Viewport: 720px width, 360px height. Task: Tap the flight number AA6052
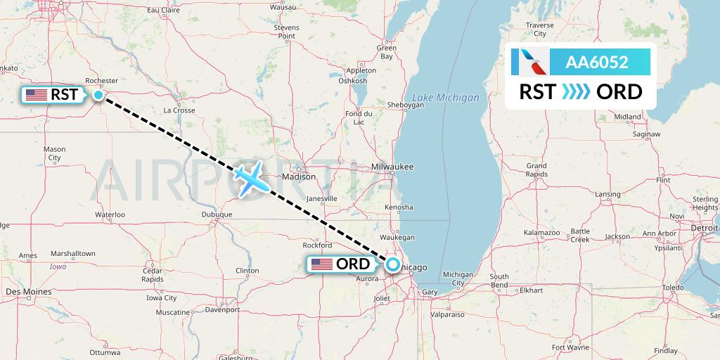pyautogui.click(x=597, y=63)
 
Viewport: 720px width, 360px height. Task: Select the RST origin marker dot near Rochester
pyautogui.click(x=99, y=95)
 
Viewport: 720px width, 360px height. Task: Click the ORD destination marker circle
pyautogui.click(x=392, y=264)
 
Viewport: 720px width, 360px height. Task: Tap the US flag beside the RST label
pyautogui.click(x=36, y=95)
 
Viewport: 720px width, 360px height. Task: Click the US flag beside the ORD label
pyautogui.click(x=322, y=264)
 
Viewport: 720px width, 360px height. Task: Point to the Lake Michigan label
pyautogui.click(x=446, y=98)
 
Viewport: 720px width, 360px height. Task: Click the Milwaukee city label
pyautogui.click(x=393, y=167)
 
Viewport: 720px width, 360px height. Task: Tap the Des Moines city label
pyautogui.click(x=28, y=291)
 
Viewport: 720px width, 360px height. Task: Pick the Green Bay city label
pyautogui.click(x=387, y=53)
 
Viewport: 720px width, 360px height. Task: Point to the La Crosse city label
pyautogui.click(x=179, y=110)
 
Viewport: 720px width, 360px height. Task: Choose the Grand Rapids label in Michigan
pyautogui.click(x=536, y=169)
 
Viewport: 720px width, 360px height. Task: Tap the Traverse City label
pyautogui.click(x=540, y=30)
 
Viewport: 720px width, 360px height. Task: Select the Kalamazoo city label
pyautogui.click(x=541, y=232)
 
